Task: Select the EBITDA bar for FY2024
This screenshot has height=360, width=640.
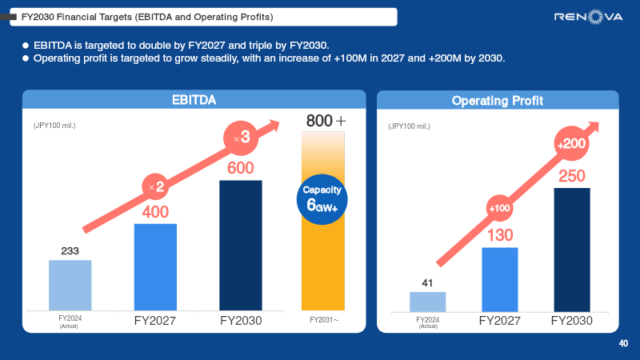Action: pyautogui.click(x=70, y=285)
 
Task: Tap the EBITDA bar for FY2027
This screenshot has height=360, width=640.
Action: pyautogui.click(x=155, y=267)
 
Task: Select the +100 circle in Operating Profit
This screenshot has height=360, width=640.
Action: pyautogui.click(x=499, y=209)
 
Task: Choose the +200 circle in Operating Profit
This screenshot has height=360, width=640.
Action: pyautogui.click(x=571, y=144)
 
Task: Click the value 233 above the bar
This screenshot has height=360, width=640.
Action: pyautogui.click(x=70, y=251)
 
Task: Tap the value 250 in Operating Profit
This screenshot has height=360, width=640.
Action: pyautogui.click(x=571, y=176)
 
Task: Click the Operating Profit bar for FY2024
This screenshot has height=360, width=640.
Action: pyautogui.click(x=428, y=302)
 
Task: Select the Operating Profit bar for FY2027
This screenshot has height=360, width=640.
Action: pyautogui.click(x=500, y=279)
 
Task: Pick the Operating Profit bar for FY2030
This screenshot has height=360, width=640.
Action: pyautogui.click(x=571, y=250)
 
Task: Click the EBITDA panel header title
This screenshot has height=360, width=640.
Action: pyautogui.click(x=194, y=100)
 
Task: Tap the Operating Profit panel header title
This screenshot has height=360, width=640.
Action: pyautogui.click(x=498, y=101)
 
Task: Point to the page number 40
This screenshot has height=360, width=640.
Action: pyautogui.click(x=623, y=344)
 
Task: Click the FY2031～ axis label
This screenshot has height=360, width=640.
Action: pyautogui.click(x=324, y=320)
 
